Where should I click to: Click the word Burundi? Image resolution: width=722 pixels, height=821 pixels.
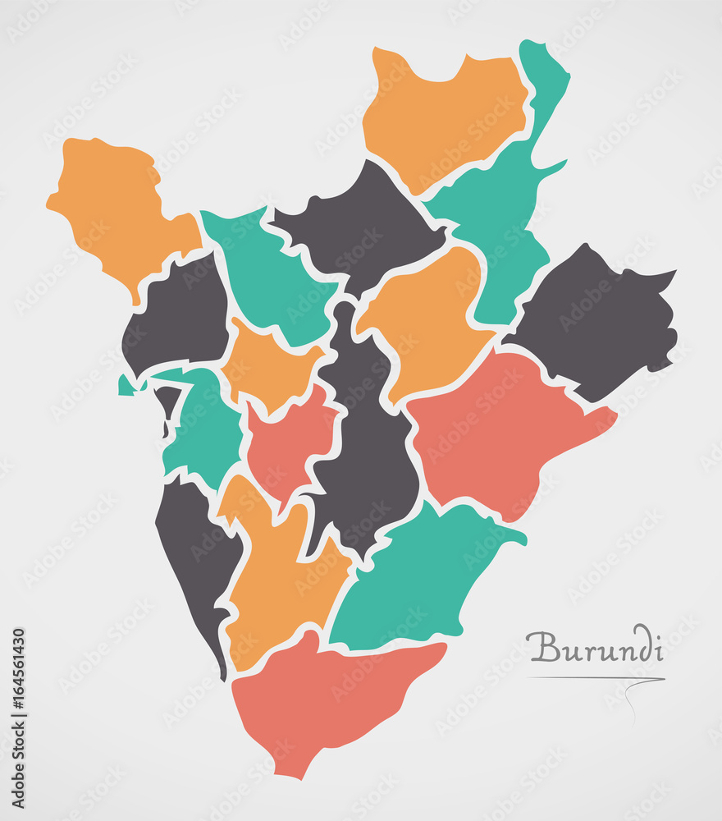pos(596,647)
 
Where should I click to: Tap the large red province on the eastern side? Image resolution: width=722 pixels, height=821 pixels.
pos(500,427)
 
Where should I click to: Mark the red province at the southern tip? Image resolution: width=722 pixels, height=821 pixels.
pos(328,698)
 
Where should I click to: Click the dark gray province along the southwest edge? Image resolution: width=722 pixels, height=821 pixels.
pos(197,558)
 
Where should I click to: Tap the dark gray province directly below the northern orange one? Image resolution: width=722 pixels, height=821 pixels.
pos(357,222)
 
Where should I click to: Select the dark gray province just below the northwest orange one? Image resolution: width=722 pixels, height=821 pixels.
pos(176,316)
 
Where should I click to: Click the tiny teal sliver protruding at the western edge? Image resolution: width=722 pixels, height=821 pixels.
pos(126,385)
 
